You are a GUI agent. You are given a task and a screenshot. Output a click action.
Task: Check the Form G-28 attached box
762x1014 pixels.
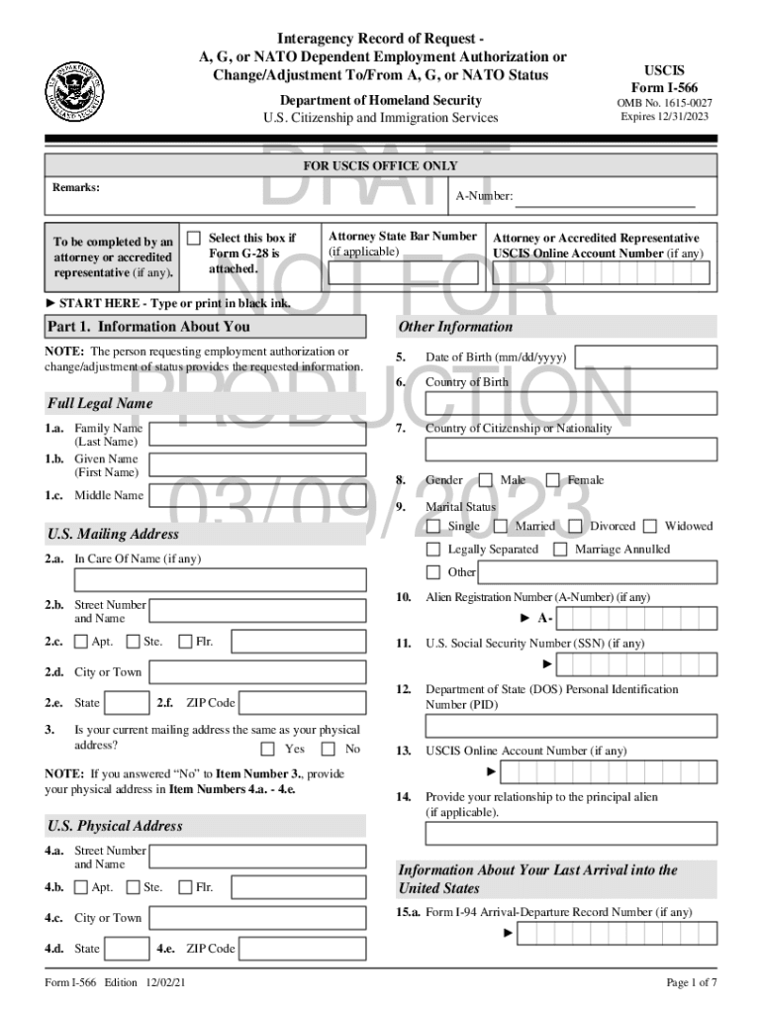[194, 238]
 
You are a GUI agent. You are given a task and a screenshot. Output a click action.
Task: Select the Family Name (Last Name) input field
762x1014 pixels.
[258, 435]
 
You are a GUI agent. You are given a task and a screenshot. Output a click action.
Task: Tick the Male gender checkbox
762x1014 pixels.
[486, 480]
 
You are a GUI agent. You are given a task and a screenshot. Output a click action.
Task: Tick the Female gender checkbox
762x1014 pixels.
[552, 480]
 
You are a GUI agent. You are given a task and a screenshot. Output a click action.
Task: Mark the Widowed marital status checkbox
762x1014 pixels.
[650, 526]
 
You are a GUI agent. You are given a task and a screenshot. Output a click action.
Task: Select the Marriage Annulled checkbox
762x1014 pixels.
[560, 549]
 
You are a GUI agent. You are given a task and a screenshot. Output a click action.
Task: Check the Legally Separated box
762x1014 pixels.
[433, 549]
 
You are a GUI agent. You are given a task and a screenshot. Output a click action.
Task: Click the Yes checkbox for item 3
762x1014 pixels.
[268, 749]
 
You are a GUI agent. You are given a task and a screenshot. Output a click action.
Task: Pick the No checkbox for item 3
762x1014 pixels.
[329, 749]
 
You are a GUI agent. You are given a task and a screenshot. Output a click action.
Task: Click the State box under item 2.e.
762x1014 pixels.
[128, 703]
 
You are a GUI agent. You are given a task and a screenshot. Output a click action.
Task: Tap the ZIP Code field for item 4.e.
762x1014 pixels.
[304, 949]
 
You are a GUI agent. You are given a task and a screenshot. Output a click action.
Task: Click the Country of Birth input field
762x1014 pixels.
[571, 403]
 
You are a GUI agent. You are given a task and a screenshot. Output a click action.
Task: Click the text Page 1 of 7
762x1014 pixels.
[691, 982]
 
